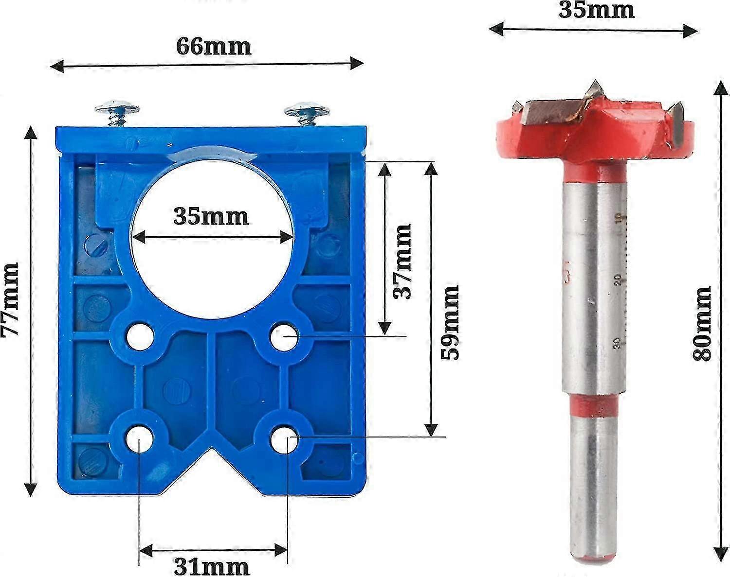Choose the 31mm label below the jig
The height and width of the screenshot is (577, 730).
click(212, 566)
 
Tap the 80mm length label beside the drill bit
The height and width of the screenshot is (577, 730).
click(702, 323)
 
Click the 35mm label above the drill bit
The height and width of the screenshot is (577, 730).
click(597, 10)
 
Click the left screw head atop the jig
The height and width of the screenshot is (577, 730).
click(117, 108)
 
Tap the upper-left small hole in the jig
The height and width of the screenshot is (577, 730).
click(140, 336)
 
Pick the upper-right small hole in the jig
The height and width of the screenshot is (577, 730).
click(284, 336)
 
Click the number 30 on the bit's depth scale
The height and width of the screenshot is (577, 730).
click(617, 343)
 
